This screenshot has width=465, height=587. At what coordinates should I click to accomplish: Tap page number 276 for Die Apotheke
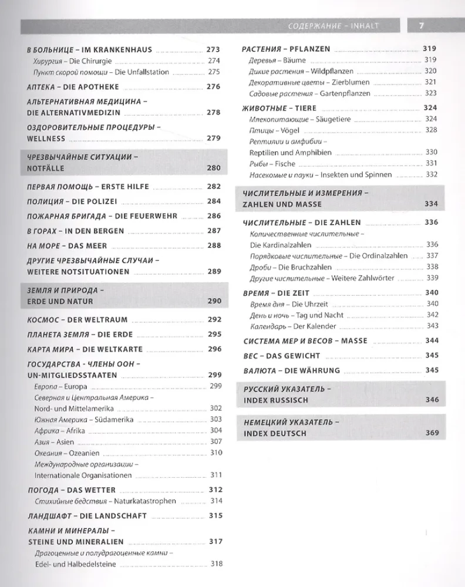[x=213, y=86]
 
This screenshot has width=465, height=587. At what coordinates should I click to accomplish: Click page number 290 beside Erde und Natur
[x=214, y=301]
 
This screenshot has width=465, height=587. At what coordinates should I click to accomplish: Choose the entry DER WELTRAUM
[x=102, y=320]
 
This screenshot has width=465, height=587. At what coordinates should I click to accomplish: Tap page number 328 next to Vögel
[x=432, y=130]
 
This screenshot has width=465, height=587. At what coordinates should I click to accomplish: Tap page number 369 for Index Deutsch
[x=432, y=433]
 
